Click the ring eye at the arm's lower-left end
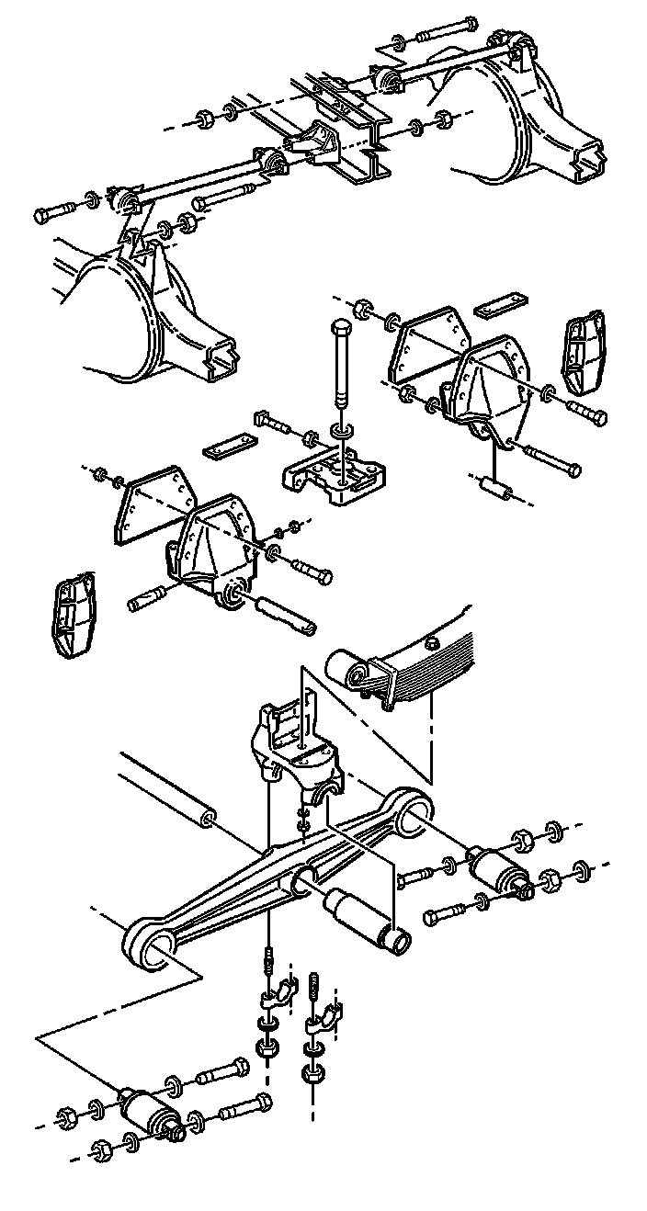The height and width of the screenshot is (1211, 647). pos(149,945)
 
